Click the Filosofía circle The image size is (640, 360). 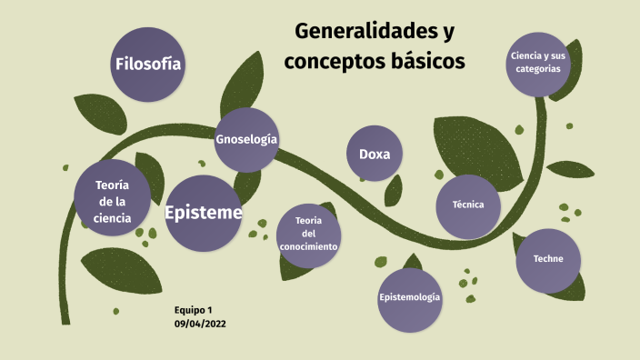tap(147, 64)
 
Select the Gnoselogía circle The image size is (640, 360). tap(246, 139)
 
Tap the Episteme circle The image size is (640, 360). tap(203, 213)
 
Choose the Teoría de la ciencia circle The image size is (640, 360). tap(112, 201)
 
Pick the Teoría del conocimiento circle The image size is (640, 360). tap(309, 234)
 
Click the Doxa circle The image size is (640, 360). tap(375, 154)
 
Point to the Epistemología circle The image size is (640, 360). tap(410, 298)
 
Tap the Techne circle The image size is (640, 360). tap(548, 259)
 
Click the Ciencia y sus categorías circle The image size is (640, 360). tap(538, 62)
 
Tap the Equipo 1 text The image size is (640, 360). tap(193, 310)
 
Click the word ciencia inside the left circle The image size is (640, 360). tap(112, 218)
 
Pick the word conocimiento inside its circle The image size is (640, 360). tap(309, 246)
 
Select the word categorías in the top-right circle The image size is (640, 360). tap(538, 68)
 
